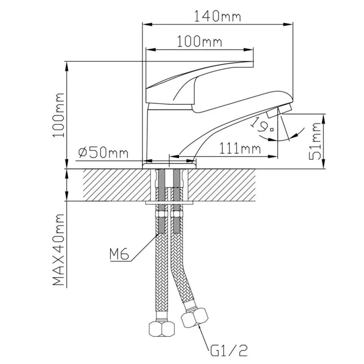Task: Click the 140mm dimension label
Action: coord(217,16)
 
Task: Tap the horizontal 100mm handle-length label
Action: coord(199,41)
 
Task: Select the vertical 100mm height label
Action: coord(58,115)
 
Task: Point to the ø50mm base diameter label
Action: coord(103,153)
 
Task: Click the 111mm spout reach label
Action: coord(240,149)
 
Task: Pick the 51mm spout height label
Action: coord(315,141)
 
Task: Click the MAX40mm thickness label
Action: coord(58,250)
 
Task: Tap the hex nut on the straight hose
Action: coord(161,328)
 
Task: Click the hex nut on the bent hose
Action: coord(194,317)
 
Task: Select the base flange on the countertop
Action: coord(169,166)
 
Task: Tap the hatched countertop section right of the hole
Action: coord(221,185)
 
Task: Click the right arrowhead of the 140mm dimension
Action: coord(288,24)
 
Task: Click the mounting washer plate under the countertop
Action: coord(169,203)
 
